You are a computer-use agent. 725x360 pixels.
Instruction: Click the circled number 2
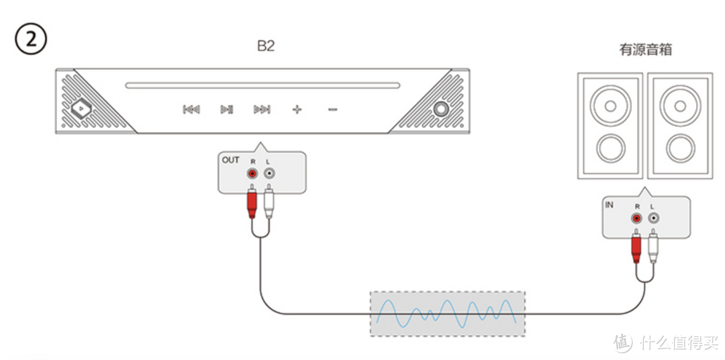pos(30,40)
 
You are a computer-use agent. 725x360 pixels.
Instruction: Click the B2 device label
pos(266,46)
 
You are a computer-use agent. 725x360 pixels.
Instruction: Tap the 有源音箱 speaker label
pos(646,50)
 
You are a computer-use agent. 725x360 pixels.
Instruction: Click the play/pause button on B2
pos(227,109)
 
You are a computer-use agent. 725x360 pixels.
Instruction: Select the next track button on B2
pos(262,109)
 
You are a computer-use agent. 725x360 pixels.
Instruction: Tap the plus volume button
pos(297,109)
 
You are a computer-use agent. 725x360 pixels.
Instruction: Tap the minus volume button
pos(332,109)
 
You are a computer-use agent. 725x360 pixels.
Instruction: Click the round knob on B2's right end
pos(441,109)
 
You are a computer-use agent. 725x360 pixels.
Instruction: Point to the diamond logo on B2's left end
pos(81,109)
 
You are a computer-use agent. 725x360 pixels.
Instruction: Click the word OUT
pos(231,160)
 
